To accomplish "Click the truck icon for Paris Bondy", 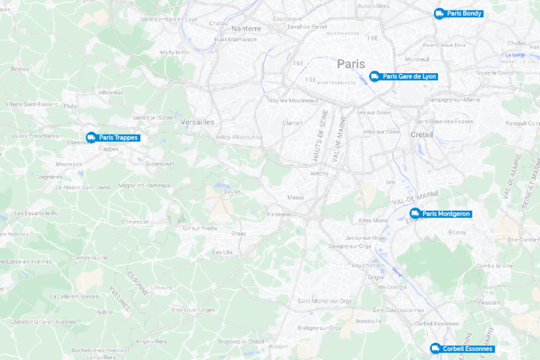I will [x=440, y=13].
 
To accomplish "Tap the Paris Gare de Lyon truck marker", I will [x=375, y=76].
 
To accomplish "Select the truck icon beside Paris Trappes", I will [x=91, y=137].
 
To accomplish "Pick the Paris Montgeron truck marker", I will [x=414, y=213].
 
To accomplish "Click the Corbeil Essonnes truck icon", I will [x=435, y=348].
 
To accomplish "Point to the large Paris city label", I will [x=351, y=63].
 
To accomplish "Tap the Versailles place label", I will [x=197, y=121].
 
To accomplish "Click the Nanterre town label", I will [x=246, y=29].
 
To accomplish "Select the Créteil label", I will [x=422, y=134].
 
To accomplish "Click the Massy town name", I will [x=296, y=197].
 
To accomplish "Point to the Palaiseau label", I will [x=280, y=214].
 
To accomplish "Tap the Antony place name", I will [x=319, y=173].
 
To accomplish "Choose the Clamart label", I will [x=292, y=123].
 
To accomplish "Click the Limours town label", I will [x=161, y=287].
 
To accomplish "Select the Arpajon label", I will [x=278, y=346].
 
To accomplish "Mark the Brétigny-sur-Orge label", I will [x=320, y=327].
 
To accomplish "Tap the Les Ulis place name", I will [x=223, y=252].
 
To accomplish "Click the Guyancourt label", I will [x=159, y=163].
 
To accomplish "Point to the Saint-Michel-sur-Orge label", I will [x=324, y=301].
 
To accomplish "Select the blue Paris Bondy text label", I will [x=465, y=13].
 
